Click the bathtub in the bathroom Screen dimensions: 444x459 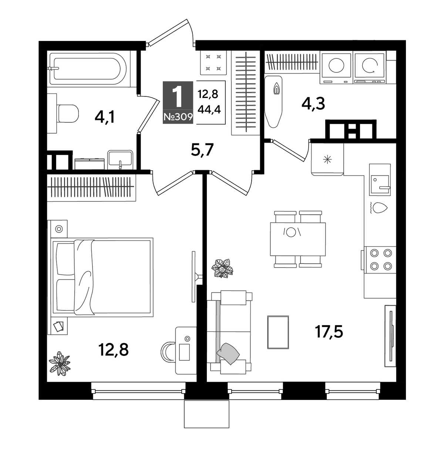coord(88,69)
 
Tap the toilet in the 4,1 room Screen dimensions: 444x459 coord(68,113)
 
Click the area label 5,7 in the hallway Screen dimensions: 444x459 coord(202,150)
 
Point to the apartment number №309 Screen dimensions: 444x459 coord(178,117)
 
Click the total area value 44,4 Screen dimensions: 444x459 coord(209,109)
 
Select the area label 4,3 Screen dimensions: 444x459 coord(313,103)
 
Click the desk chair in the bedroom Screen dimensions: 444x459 coord(167,350)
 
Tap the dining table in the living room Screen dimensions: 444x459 coord(297,239)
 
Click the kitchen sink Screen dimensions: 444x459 coord(380,184)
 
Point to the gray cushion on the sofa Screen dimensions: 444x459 coord(228,353)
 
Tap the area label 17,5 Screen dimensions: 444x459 coord(329,331)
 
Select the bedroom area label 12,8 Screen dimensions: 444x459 coord(113,350)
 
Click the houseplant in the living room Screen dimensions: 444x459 coord(222,268)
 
